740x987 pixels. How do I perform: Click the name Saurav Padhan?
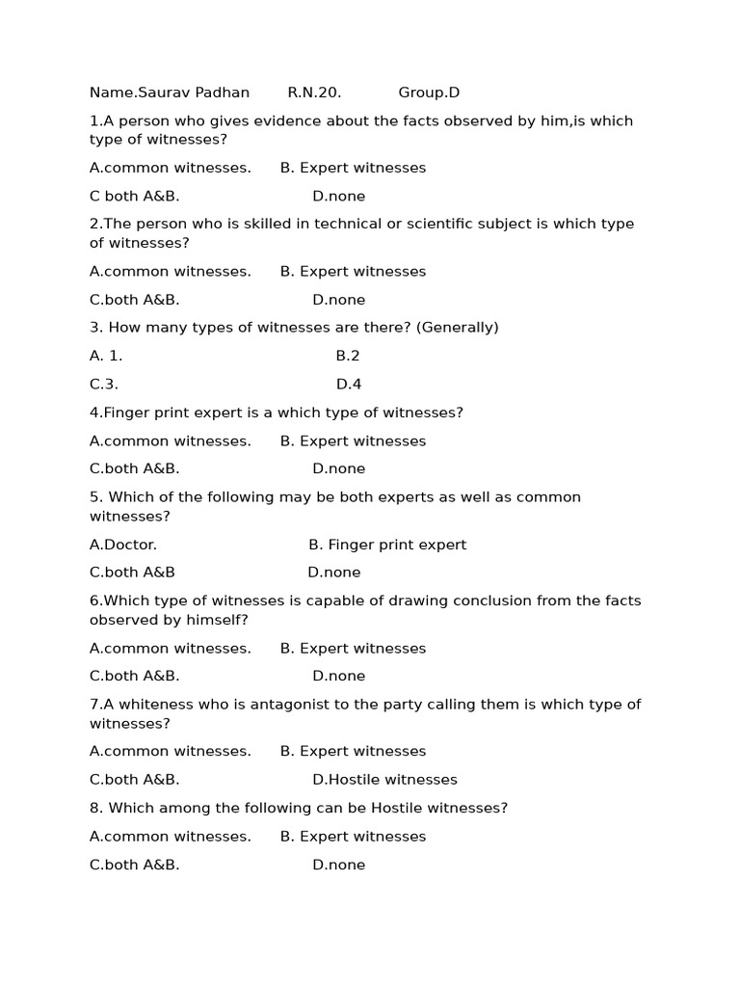point(193,93)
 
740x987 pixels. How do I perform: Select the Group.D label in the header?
point(429,93)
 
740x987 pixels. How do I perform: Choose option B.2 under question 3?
point(348,356)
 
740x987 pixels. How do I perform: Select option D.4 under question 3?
point(349,385)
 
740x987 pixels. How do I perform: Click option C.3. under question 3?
point(104,385)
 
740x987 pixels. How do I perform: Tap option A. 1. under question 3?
point(106,356)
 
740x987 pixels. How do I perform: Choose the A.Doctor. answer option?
point(123,545)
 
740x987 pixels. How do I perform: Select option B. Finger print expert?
point(387,545)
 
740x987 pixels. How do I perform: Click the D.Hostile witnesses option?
point(384,780)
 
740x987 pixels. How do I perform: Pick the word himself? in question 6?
point(218,620)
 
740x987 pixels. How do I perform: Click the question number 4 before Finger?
point(93,413)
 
